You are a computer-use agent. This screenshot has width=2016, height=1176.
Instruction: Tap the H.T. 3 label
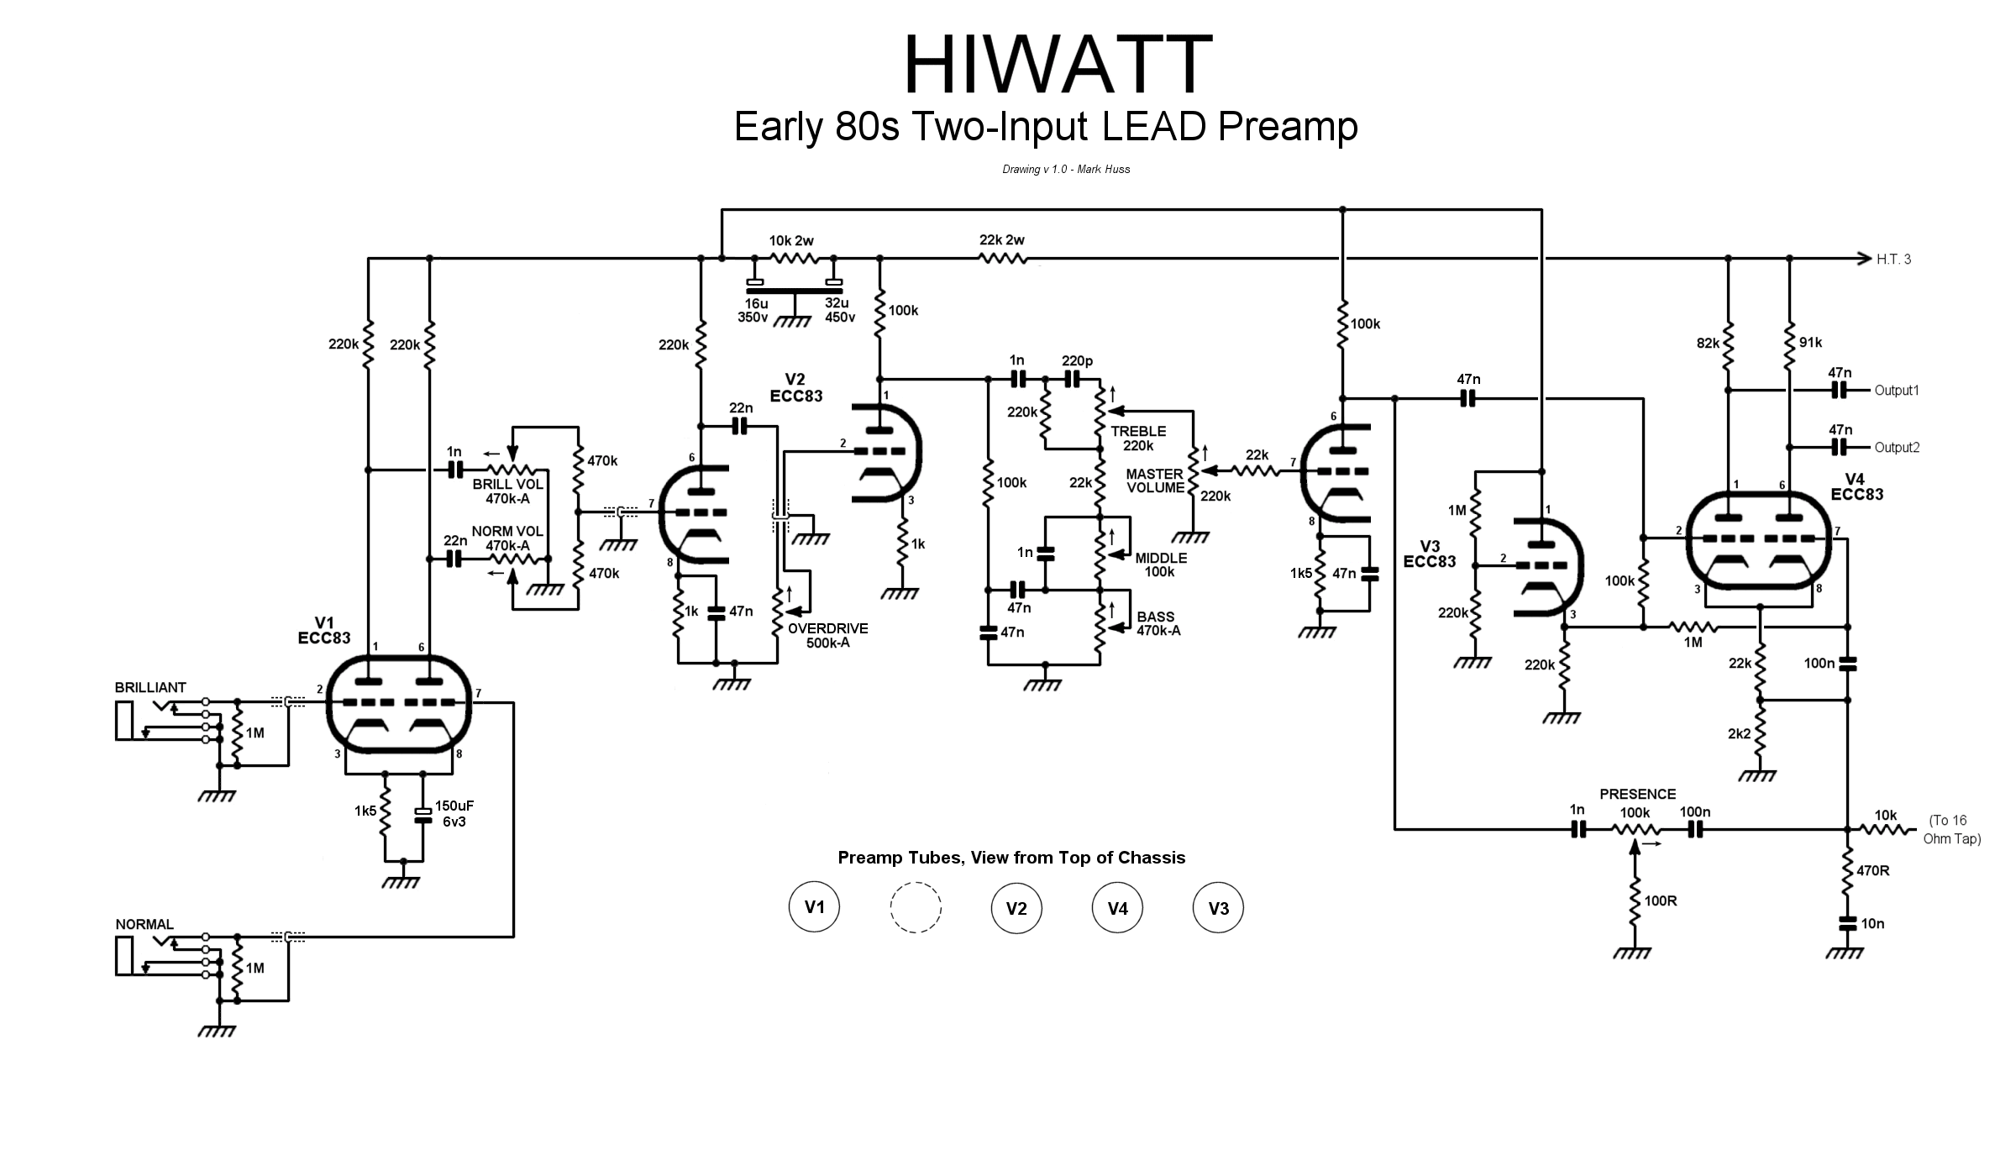pyautogui.click(x=1893, y=260)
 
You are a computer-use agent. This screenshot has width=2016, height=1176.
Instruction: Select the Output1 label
pyautogui.click(x=1897, y=391)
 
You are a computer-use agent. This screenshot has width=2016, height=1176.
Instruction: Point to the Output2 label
pyautogui.click(x=1897, y=448)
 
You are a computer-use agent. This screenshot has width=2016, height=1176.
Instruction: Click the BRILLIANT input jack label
pyautogui.click(x=150, y=688)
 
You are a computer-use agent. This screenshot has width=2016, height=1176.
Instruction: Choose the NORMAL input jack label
pyautogui.click(x=144, y=925)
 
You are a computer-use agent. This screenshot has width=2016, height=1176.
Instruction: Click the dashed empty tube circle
pyautogui.click(x=916, y=907)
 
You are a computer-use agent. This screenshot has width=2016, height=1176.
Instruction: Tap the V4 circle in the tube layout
pyautogui.click(x=1117, y=908)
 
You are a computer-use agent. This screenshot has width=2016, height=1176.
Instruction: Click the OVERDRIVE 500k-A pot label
pyautogui.click(x=827, y=636)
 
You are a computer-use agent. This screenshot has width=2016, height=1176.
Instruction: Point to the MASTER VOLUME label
pyautogui.click(x=1155, y=481)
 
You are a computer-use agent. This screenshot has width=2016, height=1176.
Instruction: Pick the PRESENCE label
pyautogui.click(x=1637, y=795)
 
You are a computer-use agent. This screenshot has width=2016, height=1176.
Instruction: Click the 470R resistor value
pyautogui.click(x=1872, y=871)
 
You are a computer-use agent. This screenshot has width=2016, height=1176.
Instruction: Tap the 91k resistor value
pyautogui.click(x=1810, y=343)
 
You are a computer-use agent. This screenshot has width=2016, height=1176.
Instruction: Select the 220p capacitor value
pyautogui.click(x=1077, y=361)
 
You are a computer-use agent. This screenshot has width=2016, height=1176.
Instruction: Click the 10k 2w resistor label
pyautogui.click(x=791, y=241)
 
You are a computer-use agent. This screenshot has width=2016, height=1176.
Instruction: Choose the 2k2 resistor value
pyautogui.click(x=1740, y=734)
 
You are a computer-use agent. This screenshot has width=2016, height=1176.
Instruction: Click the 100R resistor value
pyautogui.click(x=1661, y=901)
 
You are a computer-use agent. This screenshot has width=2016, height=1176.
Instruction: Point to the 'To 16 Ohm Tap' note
pyautogui.click(x=1952, y=830)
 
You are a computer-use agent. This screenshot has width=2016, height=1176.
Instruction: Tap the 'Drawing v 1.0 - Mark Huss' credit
pyautogui.click(x=1066, y=170)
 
